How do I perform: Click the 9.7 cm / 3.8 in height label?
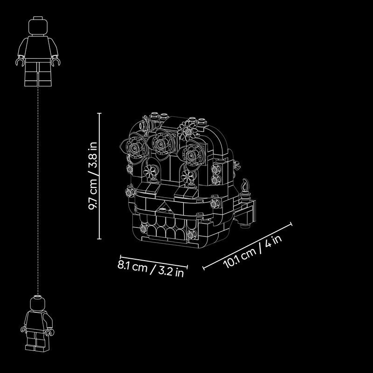pyautogui.click(x=93, y=176)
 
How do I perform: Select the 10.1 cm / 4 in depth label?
pyautogui.click(x=252, y=252)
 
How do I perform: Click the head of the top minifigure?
pyautogui.click(x=38, y=27)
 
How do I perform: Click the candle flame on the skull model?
pyautogui.click(x=245, y=185)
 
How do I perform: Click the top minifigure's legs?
pyautogui.click(x=38, y=72)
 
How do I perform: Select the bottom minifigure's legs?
pyautogui.click(x=36, y=340)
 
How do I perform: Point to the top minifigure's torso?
pyautogui.click(x=38, y=47)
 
